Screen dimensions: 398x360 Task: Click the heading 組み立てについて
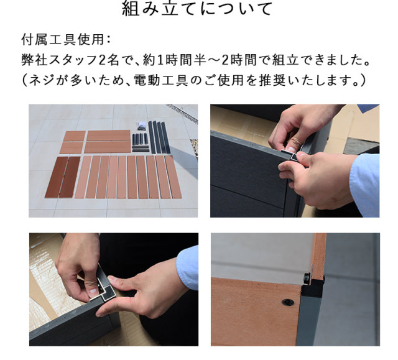tap(197, 9)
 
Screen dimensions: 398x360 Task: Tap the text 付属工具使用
tap(63, 40)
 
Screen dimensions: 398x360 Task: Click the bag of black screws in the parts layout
tap(142, 126)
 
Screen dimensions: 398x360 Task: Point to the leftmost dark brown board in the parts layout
tap(57, 177)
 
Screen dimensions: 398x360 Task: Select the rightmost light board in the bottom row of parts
tap(174, 177)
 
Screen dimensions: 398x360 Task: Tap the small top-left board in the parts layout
tap(74, 136)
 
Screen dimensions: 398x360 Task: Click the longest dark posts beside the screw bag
tap(159, 137)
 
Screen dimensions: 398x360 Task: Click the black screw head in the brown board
tap(288, 302)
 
